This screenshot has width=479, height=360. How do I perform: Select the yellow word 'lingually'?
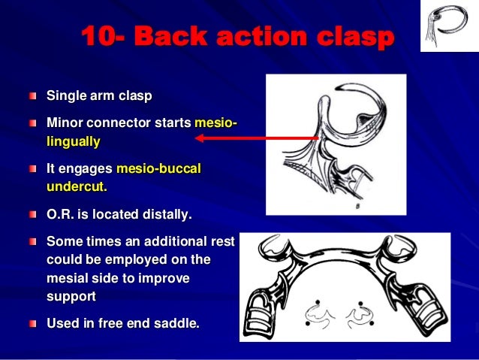coord(73,141)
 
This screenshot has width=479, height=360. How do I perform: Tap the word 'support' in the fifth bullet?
coord(71,296)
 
